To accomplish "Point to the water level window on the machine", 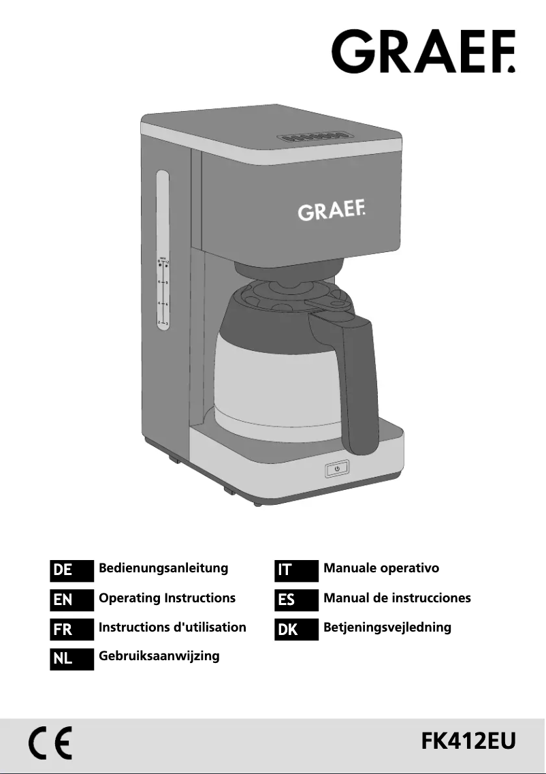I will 163,250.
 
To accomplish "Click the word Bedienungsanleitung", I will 163,568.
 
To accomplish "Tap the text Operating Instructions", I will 167,598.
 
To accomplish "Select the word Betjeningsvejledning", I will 387,628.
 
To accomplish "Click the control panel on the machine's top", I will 308,137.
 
